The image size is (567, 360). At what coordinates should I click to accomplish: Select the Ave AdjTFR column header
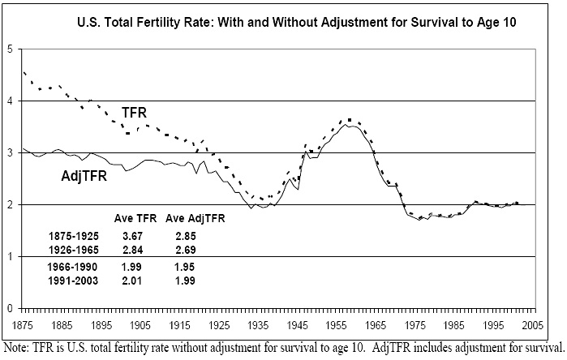tap(195, 218)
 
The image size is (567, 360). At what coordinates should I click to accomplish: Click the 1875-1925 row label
tap(74, 235)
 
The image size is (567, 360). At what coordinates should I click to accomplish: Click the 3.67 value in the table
tap(131, 235)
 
